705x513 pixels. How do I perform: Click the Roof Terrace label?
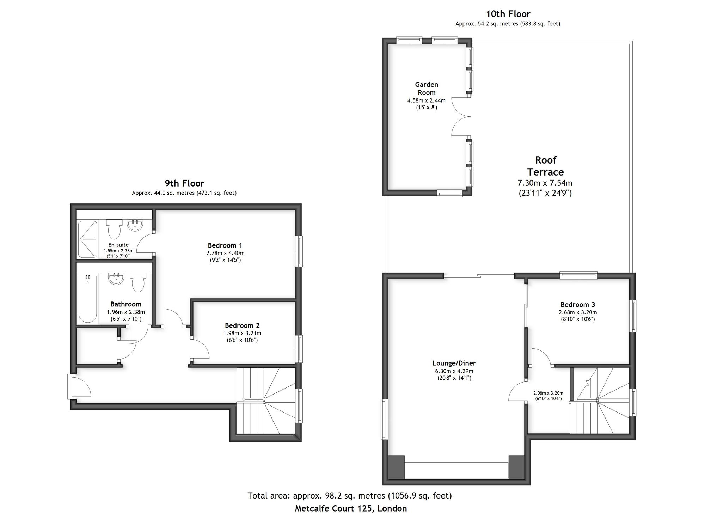(546, 166)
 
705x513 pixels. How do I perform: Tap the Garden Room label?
(427, 88)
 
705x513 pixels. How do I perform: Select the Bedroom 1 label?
(225, 245)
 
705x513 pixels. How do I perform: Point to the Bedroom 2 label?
(242, 325)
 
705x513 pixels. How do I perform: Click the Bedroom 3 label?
(578, 305)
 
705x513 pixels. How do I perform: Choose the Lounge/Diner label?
(454, 363)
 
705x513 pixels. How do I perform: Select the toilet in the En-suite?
(114, 229)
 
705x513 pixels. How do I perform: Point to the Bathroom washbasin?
(116, 279)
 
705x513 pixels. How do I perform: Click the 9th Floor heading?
(184, 183)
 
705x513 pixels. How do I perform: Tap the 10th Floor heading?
(508, 14)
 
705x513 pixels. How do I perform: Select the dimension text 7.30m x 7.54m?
(545, 183)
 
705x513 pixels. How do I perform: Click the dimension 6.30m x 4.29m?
(454, 371)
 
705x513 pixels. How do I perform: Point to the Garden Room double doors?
(461, 116)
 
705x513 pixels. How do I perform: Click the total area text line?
(350, 496)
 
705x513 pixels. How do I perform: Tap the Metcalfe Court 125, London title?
(351, 508)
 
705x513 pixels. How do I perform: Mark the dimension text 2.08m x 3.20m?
(548, 393)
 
